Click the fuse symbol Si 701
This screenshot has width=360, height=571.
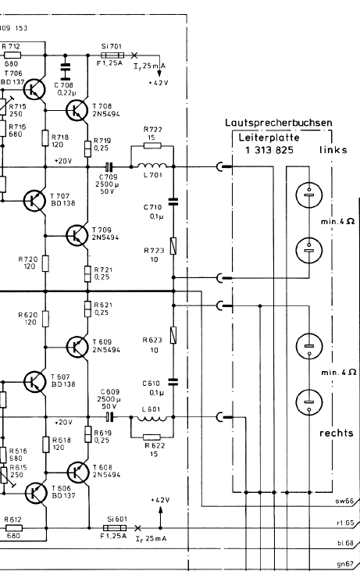(112, 55)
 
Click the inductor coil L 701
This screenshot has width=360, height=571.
(152, 166)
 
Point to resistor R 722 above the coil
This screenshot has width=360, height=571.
(152, 145)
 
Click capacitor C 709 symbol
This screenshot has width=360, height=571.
(109, 167)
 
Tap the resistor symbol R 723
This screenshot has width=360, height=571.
(173, 246)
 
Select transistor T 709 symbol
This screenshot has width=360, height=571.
(77, 235)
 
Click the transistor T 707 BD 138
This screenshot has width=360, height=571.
(34, 200)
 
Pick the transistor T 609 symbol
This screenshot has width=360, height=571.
(77, 347)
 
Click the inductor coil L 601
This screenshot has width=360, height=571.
(152, 418)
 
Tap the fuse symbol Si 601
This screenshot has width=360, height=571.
(115, 528)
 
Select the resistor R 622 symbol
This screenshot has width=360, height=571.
(151, 437)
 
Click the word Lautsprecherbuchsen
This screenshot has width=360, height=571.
(279, 123)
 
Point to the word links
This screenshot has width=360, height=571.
(333, 150)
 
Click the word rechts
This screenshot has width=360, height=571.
(337, 433)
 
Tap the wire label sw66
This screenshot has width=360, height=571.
(344, 501)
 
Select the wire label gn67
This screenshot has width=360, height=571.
(345, 564)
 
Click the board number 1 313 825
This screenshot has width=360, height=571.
(269, 150)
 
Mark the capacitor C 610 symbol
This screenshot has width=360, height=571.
(173, 382)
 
